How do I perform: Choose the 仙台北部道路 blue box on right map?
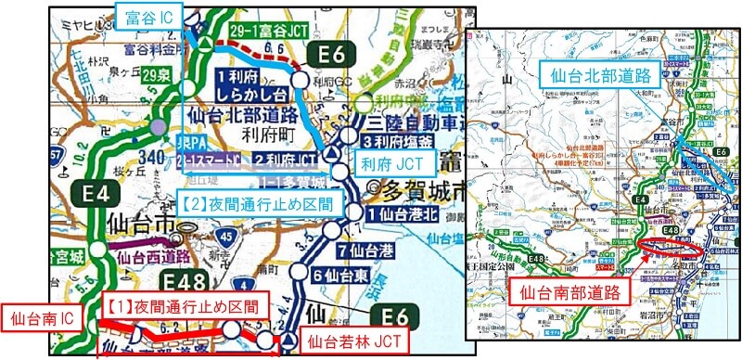(589, 71)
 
